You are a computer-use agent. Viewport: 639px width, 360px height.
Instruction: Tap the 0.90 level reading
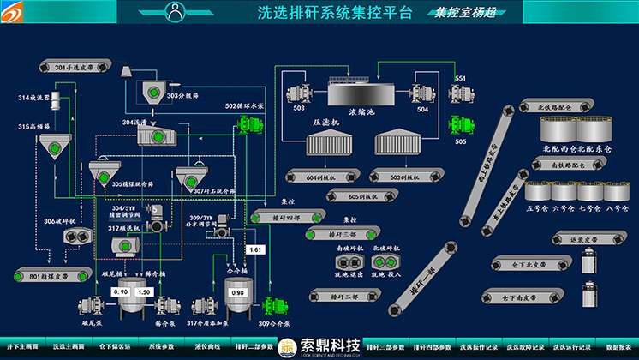coord(121,293)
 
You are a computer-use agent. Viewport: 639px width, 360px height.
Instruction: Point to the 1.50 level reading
coord(144,293)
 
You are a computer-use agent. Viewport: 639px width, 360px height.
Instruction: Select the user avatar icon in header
coord(177,12)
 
